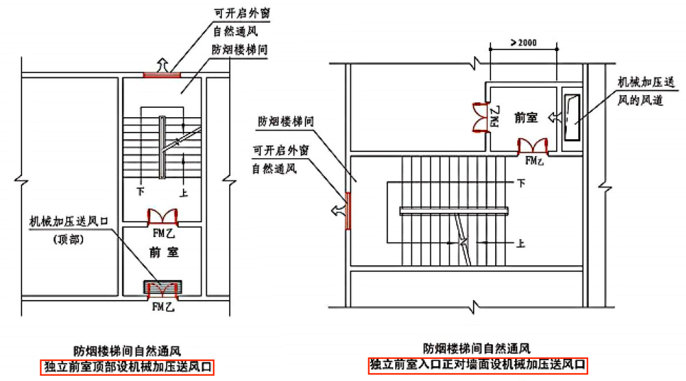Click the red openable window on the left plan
[x=162, y=74]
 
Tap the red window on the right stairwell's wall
[x=348, y=210]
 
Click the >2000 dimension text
[x=523, y=44]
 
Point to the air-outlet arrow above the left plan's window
[x=162, y=64]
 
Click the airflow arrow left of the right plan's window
[x=338, y=210]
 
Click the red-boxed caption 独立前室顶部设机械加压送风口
[x=127, y=366]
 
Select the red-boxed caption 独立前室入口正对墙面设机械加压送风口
[x=477, y=366]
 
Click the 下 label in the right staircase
[x=520, y=182]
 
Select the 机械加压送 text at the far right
[x=644, y=82]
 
